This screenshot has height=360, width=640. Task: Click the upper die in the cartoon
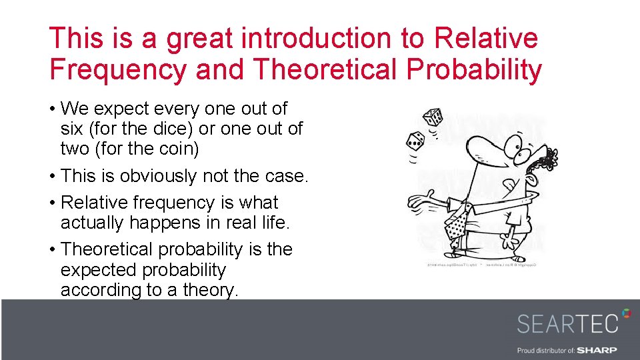point(434,118)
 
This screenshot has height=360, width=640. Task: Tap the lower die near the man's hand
point(415,141)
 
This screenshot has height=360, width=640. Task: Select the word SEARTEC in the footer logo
point(568,323)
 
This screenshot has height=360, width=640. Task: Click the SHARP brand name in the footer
point(597,350)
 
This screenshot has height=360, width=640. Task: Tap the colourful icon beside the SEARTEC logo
point(626,313)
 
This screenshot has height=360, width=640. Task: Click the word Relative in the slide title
point(485,38)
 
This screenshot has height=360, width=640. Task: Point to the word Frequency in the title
point(117,69)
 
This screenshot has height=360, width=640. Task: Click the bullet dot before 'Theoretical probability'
point(53,250)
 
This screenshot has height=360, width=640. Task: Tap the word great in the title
point(200,38)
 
